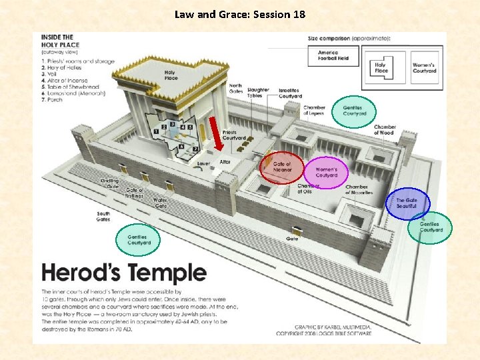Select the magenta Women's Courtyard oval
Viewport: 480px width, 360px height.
coord(327,172)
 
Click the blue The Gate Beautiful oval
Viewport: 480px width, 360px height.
coord(407,203)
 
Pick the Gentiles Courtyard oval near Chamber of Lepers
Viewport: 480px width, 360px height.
coord(354,111)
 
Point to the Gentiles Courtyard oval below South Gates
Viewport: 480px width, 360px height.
coord(139,240)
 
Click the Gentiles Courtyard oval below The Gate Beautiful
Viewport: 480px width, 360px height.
coord(430,227)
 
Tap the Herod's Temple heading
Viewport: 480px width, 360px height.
coord(124,273)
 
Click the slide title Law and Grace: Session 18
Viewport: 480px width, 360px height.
coord(240,13)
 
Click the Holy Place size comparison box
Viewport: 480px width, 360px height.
coord(381,68)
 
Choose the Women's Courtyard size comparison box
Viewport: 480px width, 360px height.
coord(424,68)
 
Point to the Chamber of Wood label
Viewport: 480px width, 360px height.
coord(385,129)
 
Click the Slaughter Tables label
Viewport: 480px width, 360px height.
coord(258,93)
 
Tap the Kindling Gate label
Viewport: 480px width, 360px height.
coord(109,183)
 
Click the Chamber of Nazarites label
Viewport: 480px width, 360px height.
coord(357,189)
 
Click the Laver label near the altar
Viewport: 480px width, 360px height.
coord(203,163)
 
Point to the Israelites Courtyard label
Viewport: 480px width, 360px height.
coord(290,93)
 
